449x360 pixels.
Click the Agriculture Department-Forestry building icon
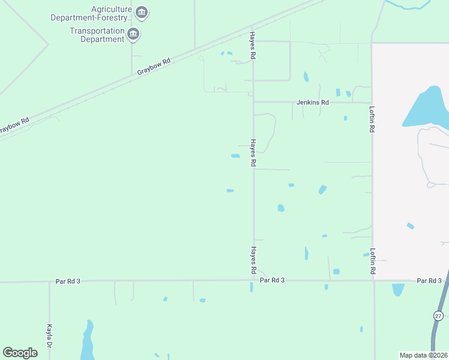click(x=142, y=12)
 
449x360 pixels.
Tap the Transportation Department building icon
click(x=133, y=34)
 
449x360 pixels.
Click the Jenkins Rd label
click(x=313, y=103)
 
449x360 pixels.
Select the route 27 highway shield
click(x=438, y=316)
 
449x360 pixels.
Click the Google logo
click(x=20, y=353)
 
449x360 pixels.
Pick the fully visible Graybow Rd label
click(x=154, y=66)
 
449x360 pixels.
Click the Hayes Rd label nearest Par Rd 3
click(x=253, y=260)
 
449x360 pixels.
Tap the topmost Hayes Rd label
click(x=253, y=45)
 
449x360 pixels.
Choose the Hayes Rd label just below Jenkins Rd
click(x=253, y=153)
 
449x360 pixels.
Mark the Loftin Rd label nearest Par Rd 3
click(x=373, y=262)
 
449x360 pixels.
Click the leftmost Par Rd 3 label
click(x=68, y=281)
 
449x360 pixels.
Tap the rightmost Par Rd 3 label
click(x=429, y=281)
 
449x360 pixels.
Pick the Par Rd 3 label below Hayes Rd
click(x=272, y=280)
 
